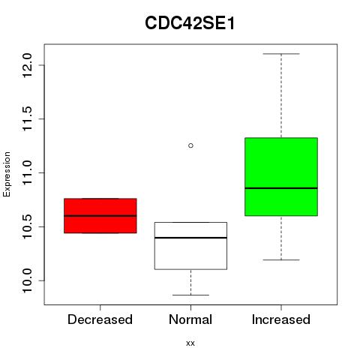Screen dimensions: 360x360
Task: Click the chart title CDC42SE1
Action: click(x=190, y=23)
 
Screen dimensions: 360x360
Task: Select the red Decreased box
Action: click(x=100, y=216)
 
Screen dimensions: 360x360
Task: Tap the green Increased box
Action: click(x=281, y=176)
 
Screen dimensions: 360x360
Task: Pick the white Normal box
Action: click(x=190, y=246)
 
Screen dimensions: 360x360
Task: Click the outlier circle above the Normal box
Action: click(x=190, y=145)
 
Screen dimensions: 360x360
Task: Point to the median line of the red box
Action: click(x=100, y=215)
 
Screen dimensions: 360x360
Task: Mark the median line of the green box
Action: click(x=281, y=188)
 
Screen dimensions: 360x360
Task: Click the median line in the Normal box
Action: click(x=190, y=238)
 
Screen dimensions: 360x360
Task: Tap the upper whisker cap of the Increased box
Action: click(x=281, y=54)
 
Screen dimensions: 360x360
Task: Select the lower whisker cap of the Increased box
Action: click(x=281, y=260)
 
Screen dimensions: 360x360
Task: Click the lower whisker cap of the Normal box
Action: click(x=190, y=295)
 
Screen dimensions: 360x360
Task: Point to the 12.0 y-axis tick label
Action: click(x=28, y=65)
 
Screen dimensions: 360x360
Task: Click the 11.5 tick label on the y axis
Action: click(x=28, y=119)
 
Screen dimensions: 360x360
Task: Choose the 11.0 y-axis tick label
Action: click(x=28, y=172)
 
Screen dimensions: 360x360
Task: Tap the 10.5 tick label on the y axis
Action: click(x=28, y=226)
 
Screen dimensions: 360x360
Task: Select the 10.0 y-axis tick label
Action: click(x=28, y=280)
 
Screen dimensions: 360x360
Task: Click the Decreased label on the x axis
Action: click(x=100, y=319)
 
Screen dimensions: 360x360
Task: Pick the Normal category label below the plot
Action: click(x=190, y=319)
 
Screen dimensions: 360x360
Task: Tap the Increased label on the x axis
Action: click(x=281, y=319)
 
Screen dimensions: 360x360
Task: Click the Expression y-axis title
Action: click(x=7, y=174)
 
